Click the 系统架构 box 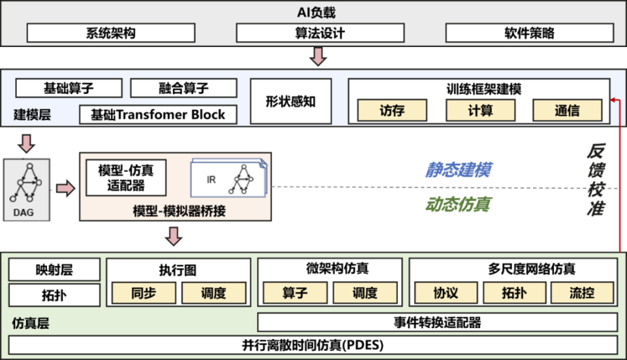pos(111,33)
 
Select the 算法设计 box pos(320,33)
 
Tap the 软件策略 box pos(530,33)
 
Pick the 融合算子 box pos(184,88)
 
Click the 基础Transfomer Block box pos(158,114)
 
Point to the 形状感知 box pos(291,101)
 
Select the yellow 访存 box pos(392,110)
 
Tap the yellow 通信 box pos(567,110)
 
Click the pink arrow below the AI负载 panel pos(318,56)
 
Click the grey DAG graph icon pos(27,190)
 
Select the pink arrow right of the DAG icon pos(65,188)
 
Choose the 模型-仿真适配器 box pos(126,178)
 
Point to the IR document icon pos(229,178)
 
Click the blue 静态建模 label pos(458,170)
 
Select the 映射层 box pos(54,270)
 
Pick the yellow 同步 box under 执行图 pos(144,293)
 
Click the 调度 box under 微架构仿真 pos(365,293)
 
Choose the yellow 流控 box pos(582,293)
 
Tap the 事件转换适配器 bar pos(438,322)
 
